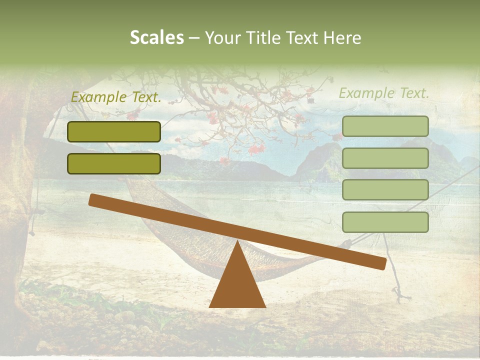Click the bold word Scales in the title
tap(156, 38)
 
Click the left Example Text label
tap(116, 98)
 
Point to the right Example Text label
tap(384, 93)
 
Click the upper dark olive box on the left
tap(114, 131)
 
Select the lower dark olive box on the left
tap(114, 163)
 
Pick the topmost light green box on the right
tap(385, 126)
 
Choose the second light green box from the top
tap(385, 158)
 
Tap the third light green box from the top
tap(385, 190)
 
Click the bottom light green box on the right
tap(385, 222)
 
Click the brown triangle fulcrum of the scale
tap(237, 285)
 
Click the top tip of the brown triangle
tap(237, 242)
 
